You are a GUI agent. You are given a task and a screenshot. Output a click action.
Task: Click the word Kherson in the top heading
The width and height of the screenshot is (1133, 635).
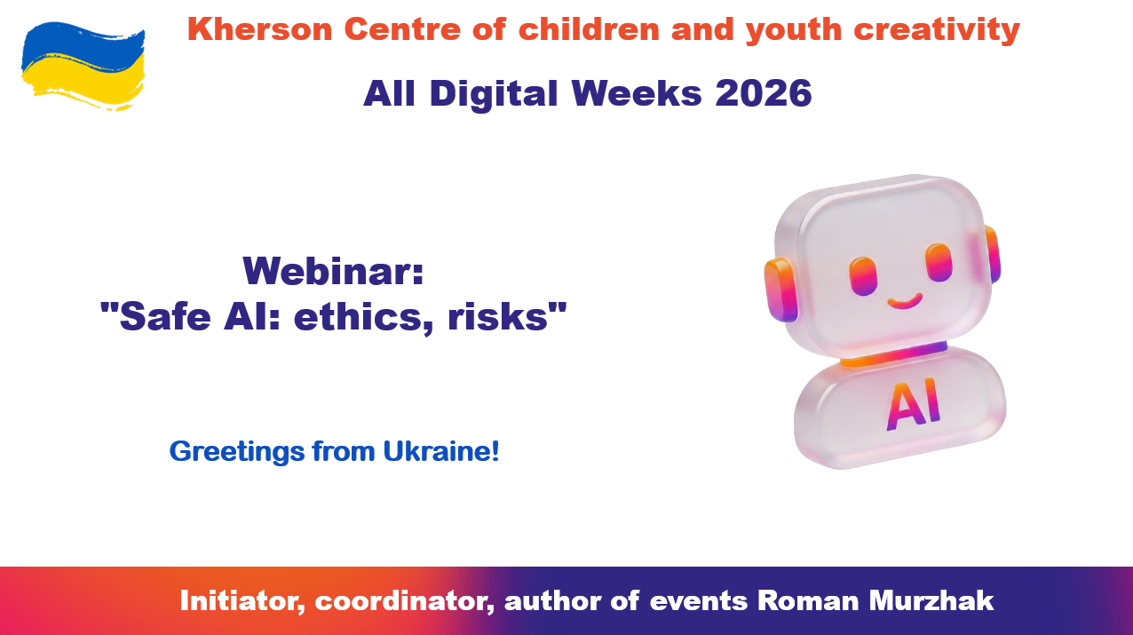[260, 28]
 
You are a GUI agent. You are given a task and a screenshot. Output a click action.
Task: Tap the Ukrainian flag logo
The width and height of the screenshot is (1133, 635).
[83, 66]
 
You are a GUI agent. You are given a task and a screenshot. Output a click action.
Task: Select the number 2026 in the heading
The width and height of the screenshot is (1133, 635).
[764, 93]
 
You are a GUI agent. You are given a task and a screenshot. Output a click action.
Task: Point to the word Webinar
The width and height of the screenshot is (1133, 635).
[333, 271]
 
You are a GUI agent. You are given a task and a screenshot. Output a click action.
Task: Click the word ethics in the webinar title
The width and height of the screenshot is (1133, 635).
[364, 317]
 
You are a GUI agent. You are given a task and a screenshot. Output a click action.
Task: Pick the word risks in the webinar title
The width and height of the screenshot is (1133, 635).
[498, 317]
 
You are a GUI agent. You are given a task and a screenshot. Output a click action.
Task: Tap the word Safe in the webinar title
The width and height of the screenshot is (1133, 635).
[165, 317]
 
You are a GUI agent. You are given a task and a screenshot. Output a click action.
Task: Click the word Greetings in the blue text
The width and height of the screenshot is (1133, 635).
[237, 452]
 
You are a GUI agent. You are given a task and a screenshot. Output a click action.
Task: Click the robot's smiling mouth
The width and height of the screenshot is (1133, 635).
[905, 302]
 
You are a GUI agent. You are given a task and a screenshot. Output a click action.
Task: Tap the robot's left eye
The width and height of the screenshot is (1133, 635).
[863, 275]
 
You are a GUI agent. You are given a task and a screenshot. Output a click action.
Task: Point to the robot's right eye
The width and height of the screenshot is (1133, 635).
[939, 262]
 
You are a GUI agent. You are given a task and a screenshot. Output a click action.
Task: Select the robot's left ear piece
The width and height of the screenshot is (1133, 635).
[781, 290]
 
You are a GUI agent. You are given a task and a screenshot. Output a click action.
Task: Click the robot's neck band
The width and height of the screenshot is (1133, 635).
[894, 354]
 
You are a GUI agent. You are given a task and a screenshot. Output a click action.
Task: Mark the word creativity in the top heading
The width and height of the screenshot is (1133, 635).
[937, 30]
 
